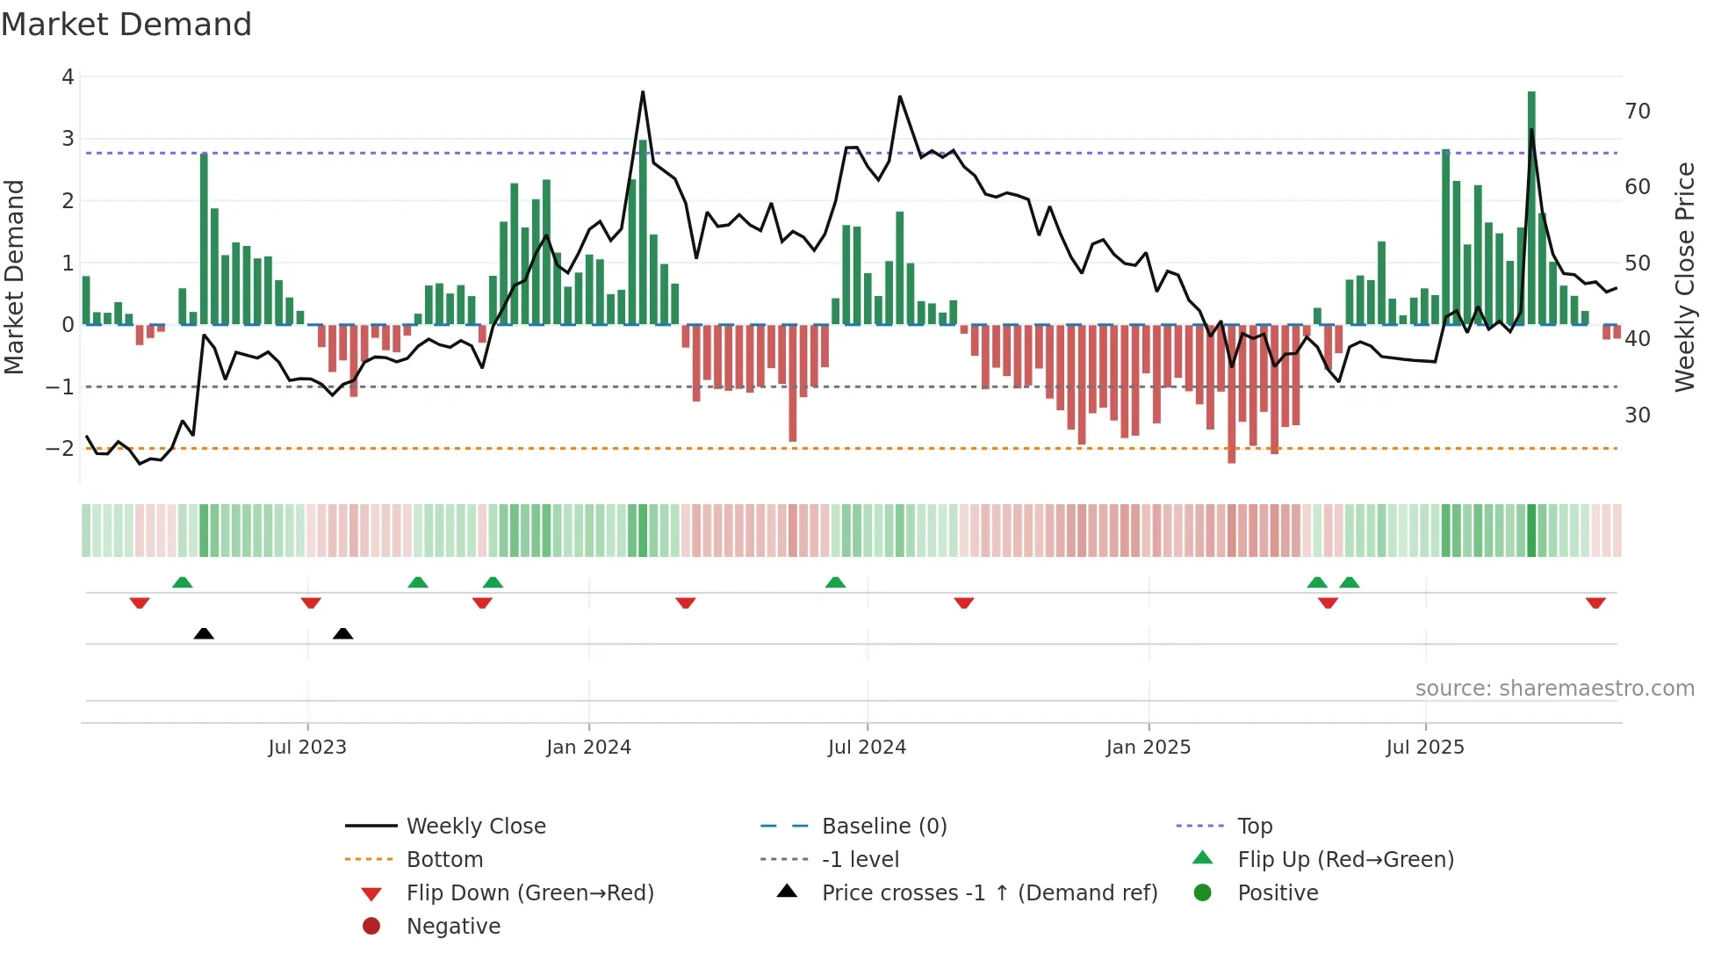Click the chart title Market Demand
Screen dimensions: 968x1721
(x=126, y=25)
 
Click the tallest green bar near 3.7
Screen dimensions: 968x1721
(x=1531, y=207)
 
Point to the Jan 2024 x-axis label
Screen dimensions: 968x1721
(x=588, y=748)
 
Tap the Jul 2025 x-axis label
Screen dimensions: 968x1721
(x=1425, y=748)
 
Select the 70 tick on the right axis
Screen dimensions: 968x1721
(x=1638, y=112)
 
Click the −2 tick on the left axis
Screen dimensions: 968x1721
(x=60, y=449)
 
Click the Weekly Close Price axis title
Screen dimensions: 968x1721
(x=1684, y=277)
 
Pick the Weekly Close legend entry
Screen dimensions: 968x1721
(x=476, y=827)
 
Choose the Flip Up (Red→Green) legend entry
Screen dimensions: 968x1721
(x=1345, y=860)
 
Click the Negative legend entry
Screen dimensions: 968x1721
(x=453, y=927)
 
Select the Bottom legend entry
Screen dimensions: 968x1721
(x=444, y=860)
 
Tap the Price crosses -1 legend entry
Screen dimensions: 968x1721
(x=989, y=893)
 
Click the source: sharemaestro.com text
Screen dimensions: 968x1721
(x=1554, y=689)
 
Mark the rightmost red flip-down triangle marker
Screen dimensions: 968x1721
(x=1595, y=603)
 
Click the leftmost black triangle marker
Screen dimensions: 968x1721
(x=204, y=633)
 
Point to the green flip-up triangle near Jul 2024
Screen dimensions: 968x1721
(x=835, y=582)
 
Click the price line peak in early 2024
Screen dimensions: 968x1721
(x=643, y=92)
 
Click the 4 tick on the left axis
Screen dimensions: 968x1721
(x=68, y=77)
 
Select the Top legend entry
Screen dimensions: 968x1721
(x=1254, y=827)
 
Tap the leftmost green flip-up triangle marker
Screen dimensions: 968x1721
(x=182, y=582)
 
